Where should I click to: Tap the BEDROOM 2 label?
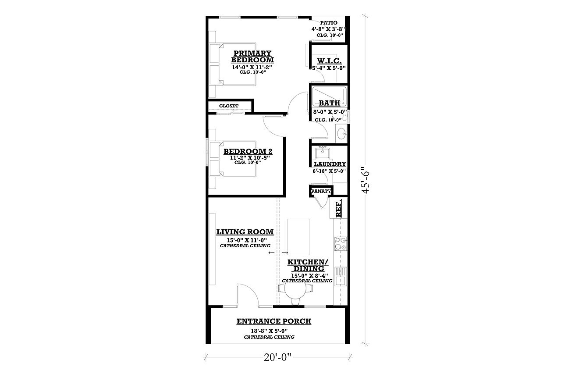pos(248,152)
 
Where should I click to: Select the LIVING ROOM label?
pos(245,232)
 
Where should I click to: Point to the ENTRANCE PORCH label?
pos(274,321)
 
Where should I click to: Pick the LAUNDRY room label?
pos(330,164)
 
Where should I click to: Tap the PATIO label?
pos(328,22)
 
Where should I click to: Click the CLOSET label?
pos(229,106)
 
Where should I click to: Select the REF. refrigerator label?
pos(339,209)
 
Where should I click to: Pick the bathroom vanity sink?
pos(341,133)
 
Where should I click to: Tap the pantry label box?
pos(321,191)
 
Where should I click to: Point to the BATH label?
pos(330,103)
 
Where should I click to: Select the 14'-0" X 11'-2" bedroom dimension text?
pos(252,68)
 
